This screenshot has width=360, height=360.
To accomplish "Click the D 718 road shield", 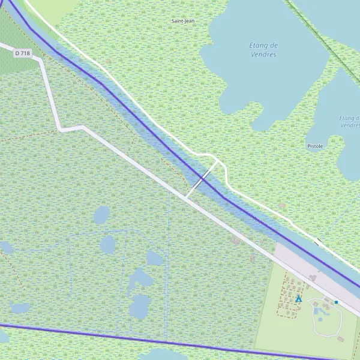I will tap(22, 53).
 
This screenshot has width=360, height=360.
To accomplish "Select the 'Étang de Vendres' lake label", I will tap(263, 50).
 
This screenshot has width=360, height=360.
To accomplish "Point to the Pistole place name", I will tap(315, 146).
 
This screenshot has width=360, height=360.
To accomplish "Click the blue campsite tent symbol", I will tap(299, 298).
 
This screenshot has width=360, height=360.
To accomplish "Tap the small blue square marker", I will tap(337, 302).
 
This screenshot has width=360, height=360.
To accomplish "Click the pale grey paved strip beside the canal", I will tap(300, 264).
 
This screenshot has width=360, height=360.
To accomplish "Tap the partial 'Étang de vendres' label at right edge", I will tap(348, 121).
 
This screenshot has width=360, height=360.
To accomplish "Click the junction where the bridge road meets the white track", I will tap(217, 161).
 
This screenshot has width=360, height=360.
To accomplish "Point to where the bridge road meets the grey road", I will tap(187, 197).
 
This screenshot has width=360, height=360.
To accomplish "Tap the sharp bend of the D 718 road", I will tap(60, 128).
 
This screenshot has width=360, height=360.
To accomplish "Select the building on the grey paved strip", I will tap(313, 277).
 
